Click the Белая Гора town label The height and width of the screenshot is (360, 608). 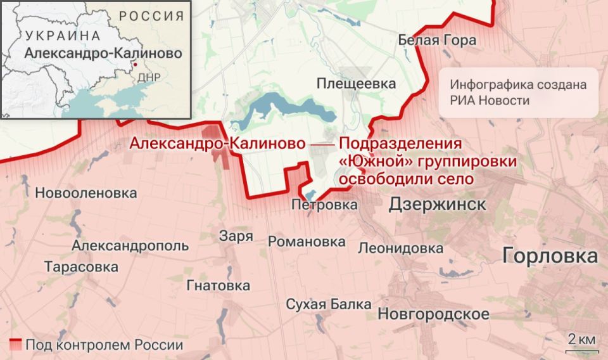(437, 41)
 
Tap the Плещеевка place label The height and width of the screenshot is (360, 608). (356, 84)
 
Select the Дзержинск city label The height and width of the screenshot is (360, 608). (438, 203)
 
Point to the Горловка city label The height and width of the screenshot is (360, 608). (550, 256)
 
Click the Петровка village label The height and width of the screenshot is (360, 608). (324, 205)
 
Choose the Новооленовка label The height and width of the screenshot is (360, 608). (86, 193)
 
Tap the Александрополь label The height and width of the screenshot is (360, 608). (130, 245)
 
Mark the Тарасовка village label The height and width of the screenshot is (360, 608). (81, 267)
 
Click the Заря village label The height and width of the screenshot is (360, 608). (236, 236)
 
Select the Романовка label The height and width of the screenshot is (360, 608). (307, 241)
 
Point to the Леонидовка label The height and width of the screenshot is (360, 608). (400, 248)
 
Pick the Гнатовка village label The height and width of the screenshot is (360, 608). (218, 286)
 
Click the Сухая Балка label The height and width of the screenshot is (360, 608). (328, 304)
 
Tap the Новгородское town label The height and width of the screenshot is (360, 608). (433, 314)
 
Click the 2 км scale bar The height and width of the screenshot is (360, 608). (581, 345)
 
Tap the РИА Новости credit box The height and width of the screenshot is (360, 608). (519, 93)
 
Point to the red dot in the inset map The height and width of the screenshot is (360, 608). (134, 65)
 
